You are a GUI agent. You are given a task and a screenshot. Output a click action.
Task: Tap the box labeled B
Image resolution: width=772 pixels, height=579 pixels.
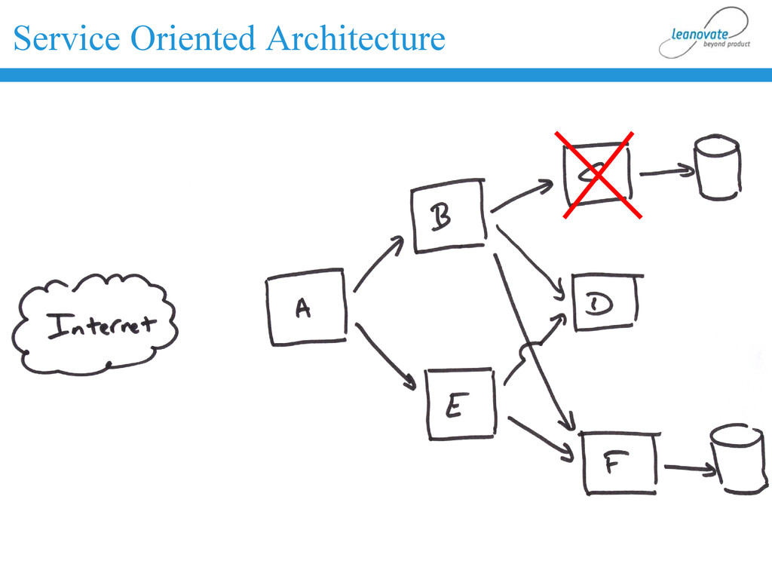pos(449,216)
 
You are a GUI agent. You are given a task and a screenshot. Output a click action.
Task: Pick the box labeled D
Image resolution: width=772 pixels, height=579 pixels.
pos(605,303)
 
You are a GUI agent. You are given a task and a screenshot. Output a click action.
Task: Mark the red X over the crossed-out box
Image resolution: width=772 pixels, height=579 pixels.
pos(598,175)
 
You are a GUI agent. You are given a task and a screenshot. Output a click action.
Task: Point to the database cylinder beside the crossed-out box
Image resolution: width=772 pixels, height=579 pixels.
pos(718,167)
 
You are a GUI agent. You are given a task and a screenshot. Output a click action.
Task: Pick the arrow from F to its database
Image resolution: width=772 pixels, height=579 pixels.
pos(689,470)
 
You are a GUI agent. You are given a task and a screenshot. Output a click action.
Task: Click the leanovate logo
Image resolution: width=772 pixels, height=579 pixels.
pos(704,33)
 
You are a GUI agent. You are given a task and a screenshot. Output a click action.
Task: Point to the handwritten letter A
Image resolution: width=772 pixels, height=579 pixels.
pos(302,308)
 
